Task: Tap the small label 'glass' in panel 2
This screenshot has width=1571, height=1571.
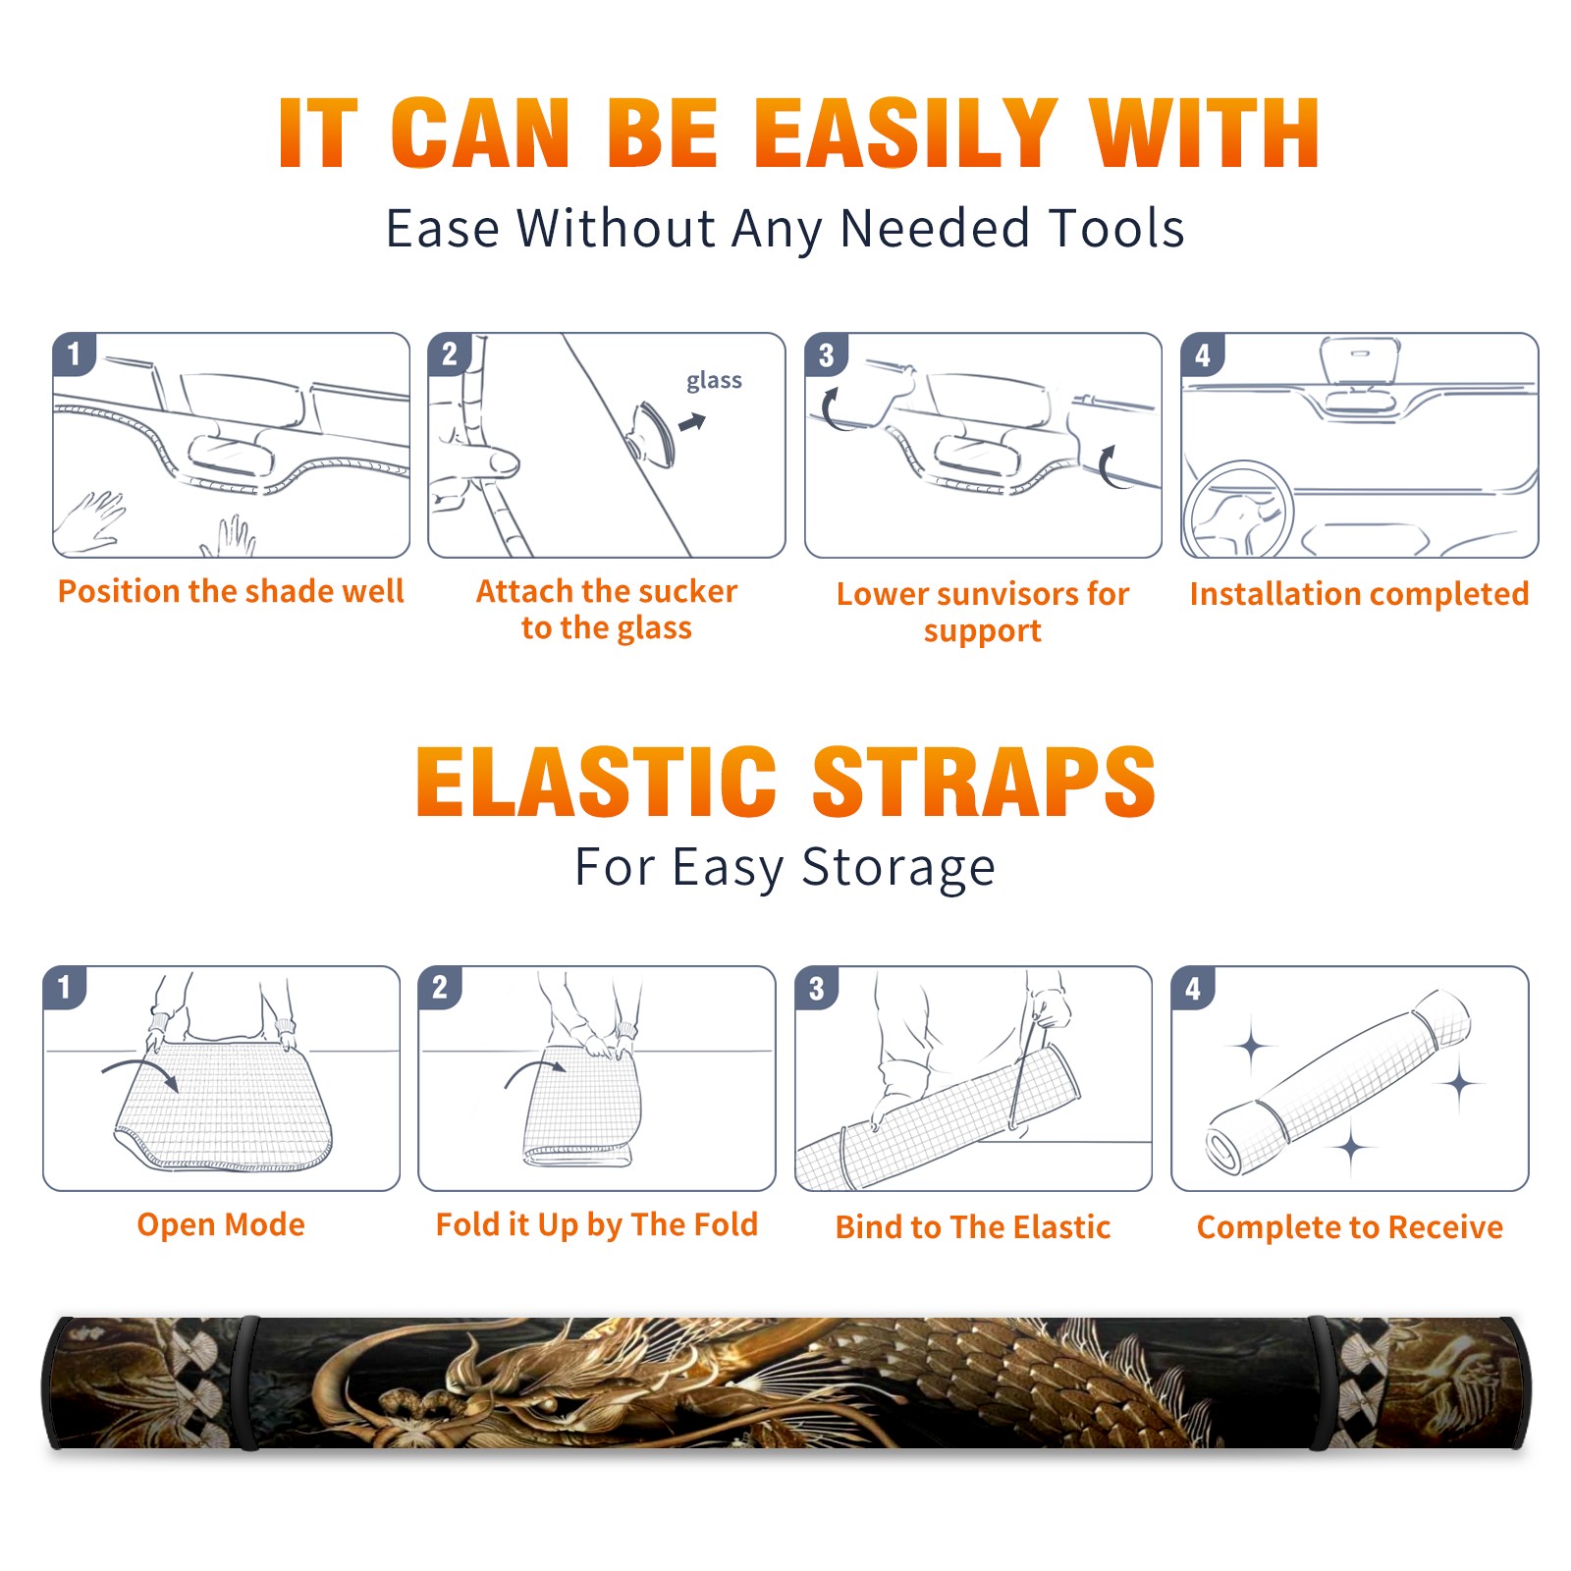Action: pyautogui.click(x=714, y=381)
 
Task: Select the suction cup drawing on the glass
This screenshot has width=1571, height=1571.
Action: pyautogui.click(x=653, y=433)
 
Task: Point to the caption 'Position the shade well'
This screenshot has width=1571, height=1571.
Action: pyautogui.click(x=231, y=591)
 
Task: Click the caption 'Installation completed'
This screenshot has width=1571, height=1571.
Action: pyautogui.click(x=1359, y=593)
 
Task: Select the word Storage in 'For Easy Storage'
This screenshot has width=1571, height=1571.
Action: pyautogui.click(x=898, y=868)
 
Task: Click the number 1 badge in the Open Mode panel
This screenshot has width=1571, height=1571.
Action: pyautogui.click(x=65, y=988)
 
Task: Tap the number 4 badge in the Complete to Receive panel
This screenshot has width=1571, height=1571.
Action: pyautogui.click(x=1193, y=988)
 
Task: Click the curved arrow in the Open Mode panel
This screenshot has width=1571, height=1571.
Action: pyautogui.click(x=140, y=1070)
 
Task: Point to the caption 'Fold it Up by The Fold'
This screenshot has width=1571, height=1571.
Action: pyautogui.click(x=597, y=1225)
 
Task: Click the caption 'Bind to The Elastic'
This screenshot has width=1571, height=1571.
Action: pyautogui.click(x=973, y=1227)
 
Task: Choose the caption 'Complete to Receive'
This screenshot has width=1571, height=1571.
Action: pyautogui.click(x=1350, y=1227)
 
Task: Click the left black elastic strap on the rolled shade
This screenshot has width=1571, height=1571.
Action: pyautogui.click(x=245, y=1382)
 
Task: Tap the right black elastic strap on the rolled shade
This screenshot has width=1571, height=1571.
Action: pyautogui.click(x=1323, y=1382)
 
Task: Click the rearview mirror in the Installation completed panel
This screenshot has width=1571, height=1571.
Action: pyautogui.click(x=1360, y=362)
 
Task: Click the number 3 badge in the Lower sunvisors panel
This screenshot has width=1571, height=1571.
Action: pyautogui.click(x=827, y=355)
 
